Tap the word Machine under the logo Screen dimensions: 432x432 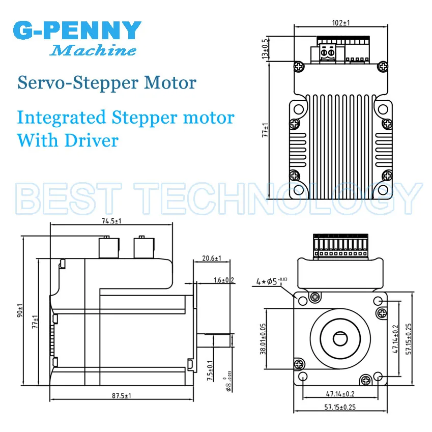(x=93, y=50)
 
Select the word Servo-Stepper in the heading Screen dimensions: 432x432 (x=78, y=83)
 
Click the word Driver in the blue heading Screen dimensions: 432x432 (x=92, y=140)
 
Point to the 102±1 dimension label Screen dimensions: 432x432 (x=341, y=22)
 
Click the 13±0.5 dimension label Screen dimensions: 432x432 (x=265, y=49)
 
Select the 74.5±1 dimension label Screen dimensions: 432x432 (x=111, y=221)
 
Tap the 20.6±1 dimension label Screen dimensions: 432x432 (x=212, y=258)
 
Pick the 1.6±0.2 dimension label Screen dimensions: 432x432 (x=224, y=280)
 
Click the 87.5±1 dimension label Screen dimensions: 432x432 (x=122, y=396)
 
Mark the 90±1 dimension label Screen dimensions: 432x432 (x=20, y=310)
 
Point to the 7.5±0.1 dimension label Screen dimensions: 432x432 (x=210, y=370)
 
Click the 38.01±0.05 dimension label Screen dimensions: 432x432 (x=263, y=339)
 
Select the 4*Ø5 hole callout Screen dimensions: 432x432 (x=271, y=281)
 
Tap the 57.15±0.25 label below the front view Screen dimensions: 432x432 (x=340, y=407)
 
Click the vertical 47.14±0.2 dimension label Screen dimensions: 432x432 (x=395, y=339)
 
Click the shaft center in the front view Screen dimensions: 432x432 (x=340, y=339)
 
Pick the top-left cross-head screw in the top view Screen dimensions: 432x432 (x=299, y=66)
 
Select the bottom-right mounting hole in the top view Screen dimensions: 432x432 (x=383, y=190)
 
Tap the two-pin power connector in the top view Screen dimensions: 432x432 (x=328, y=52)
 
